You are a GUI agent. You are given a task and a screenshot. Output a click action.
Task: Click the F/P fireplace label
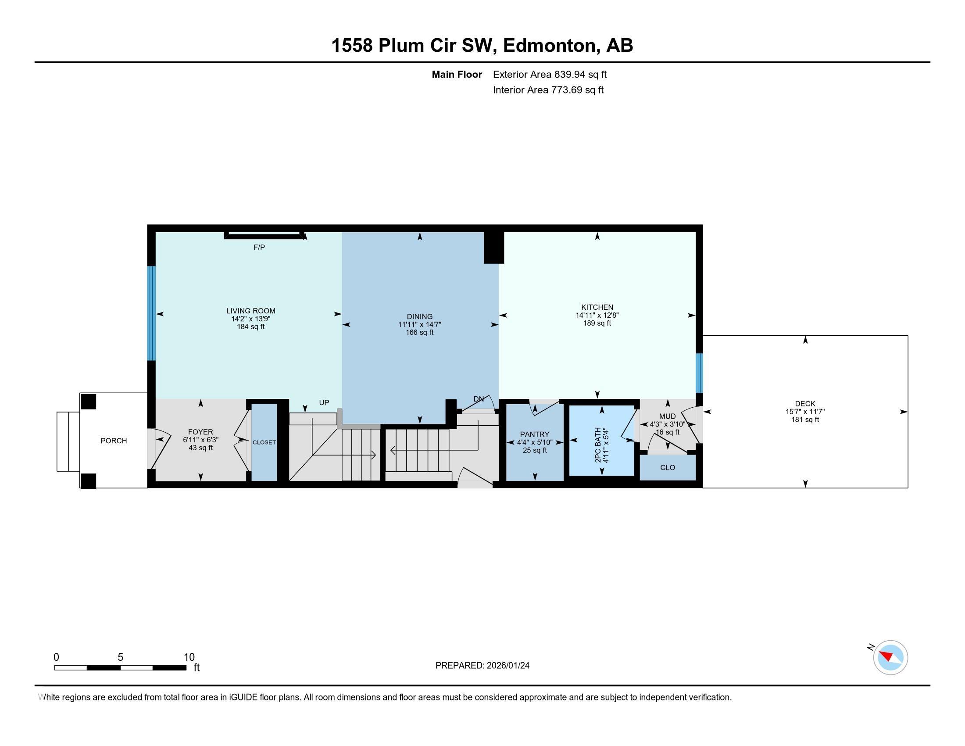pos(259,247)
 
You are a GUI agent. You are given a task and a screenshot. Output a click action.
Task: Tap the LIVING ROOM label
pos(250,311)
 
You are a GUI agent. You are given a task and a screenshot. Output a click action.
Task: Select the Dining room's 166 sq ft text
pos(419,332)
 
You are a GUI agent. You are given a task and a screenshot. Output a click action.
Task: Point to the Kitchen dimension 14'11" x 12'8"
pos(597,315)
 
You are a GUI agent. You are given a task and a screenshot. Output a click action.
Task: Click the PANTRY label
pos(534,434)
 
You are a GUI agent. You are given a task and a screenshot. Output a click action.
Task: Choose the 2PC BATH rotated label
pos(598,445)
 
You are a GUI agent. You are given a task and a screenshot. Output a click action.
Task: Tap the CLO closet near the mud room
pos(667,468)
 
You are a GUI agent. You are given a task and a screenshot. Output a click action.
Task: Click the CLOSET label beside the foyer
pos(264,442)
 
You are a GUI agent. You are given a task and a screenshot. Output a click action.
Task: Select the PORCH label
pos(114,441)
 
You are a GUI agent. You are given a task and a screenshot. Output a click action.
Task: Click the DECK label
pos(804,403)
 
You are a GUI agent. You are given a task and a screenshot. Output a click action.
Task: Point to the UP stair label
pos(324,402)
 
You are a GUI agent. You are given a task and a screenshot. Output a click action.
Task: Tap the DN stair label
pos(478,399)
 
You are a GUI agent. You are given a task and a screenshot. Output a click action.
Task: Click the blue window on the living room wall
pos(152,313)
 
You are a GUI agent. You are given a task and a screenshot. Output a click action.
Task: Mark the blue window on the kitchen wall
pos(699,373)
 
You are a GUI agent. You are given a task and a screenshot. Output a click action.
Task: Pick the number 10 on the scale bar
pos(189,657)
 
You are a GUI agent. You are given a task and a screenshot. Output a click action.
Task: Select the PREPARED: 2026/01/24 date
pos(482,666)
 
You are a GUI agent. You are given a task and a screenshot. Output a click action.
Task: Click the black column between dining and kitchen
pos(493,247)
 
